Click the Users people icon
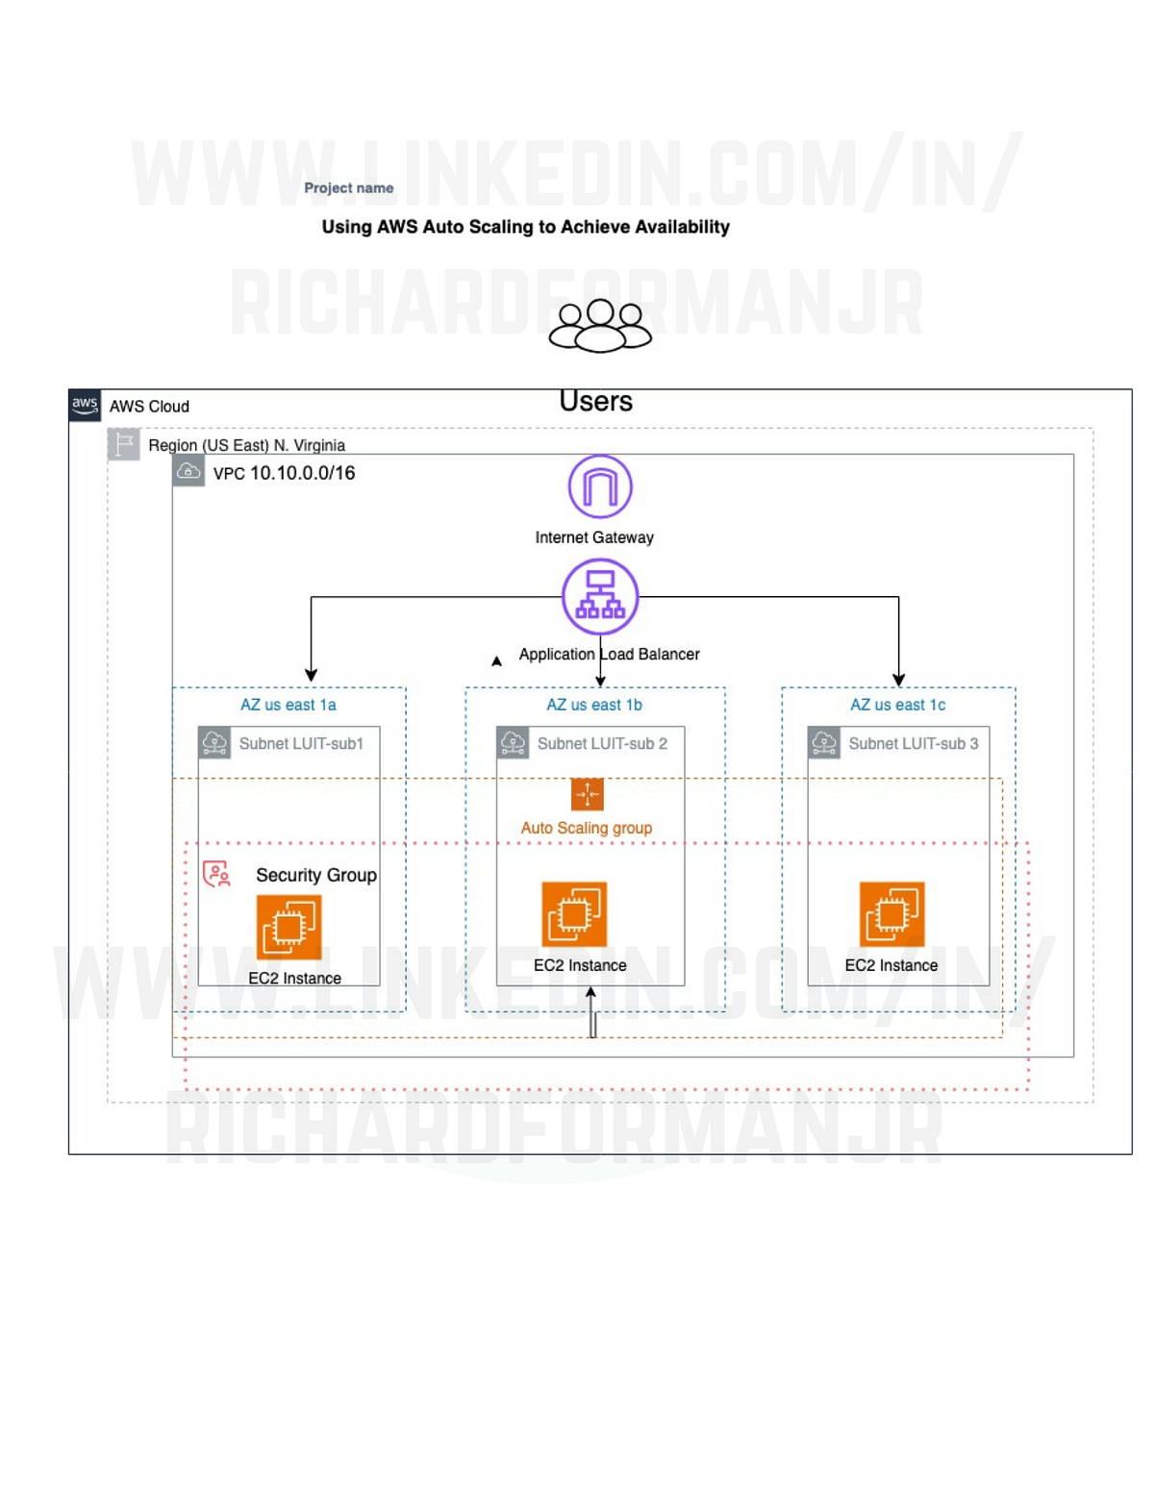point(600,326)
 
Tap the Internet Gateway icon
point(600,486)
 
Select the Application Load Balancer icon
point(600,597)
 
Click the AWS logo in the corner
point(85,405)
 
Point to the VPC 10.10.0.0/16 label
point(284,473)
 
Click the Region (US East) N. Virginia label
point(246,445)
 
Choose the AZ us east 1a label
point(288,705)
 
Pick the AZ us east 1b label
point(594,705)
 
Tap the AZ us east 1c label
point(897,705)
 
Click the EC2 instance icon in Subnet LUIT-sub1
point(288,927)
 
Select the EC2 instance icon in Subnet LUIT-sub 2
point(574,913)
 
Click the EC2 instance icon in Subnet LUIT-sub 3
point(891,913)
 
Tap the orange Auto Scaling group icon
point(587,794)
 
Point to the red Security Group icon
point(216,874)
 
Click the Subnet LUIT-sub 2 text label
point(602,743)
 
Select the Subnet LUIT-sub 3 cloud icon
point(824,742)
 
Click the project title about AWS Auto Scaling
point(525,227)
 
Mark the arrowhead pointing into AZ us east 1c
point(898,680)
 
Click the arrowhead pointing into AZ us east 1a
point(311,675)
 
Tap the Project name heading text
point(348,188)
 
